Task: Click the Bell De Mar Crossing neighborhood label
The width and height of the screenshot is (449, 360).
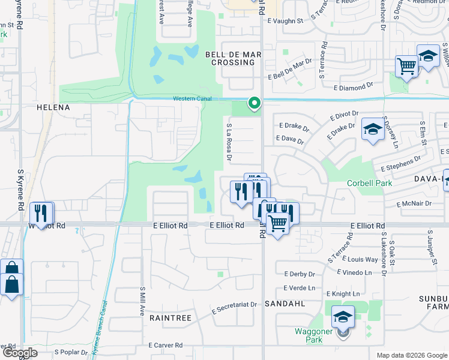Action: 234,58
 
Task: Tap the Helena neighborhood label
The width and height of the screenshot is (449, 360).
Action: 53,107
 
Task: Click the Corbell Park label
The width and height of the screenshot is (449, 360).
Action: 368,182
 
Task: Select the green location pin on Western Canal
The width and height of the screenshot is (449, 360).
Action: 254,103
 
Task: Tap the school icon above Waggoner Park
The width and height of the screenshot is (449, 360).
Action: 343,316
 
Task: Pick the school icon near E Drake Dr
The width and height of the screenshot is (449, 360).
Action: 373,129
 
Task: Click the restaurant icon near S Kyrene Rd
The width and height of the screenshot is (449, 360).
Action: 41,213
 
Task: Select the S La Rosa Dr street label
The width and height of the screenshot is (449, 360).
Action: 229,143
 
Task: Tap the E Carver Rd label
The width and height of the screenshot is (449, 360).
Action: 166,345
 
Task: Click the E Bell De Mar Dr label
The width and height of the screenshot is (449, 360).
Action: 291,69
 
